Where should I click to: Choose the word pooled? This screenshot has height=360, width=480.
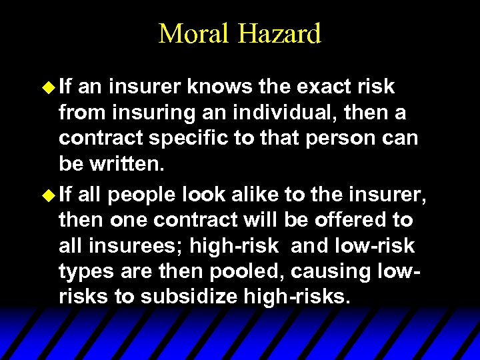[x=234, y=272]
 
